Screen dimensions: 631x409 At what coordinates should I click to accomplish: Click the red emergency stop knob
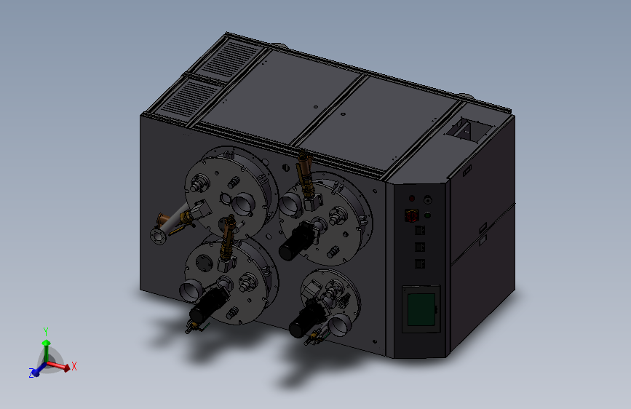click(x=411, y=215)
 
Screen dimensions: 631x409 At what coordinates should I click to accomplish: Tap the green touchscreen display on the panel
click(x=421, y=309)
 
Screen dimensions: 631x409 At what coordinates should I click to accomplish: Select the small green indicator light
click(x=427, y=215)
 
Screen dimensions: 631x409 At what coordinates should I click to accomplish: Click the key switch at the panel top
click(x=427, y=199)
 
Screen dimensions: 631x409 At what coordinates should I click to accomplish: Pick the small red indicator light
click(x=412, y=198)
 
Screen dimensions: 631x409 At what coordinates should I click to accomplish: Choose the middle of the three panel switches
click(x=419, y=247)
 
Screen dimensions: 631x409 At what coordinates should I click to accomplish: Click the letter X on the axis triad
click(x=74, y=366)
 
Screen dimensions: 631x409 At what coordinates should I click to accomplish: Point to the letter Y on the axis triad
click(x=46, y=332)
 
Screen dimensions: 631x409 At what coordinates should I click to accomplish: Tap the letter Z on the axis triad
click(x=31, y=373)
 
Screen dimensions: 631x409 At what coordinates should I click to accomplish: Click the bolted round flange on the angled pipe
click(x=158, y=237)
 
